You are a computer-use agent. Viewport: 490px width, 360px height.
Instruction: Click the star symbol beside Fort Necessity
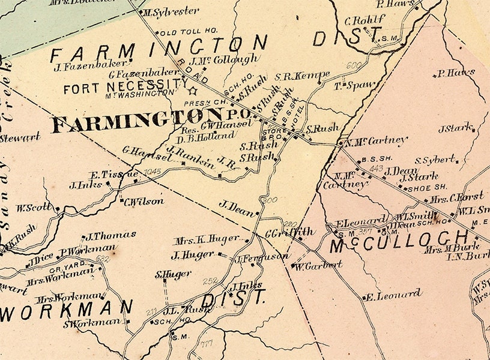click(193, 91)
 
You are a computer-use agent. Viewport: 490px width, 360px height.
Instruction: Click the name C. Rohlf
click(364, 20)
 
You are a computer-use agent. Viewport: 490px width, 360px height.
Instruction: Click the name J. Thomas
click(111, 235)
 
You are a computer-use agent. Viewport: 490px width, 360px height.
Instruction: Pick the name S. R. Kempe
click(303, 76)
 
